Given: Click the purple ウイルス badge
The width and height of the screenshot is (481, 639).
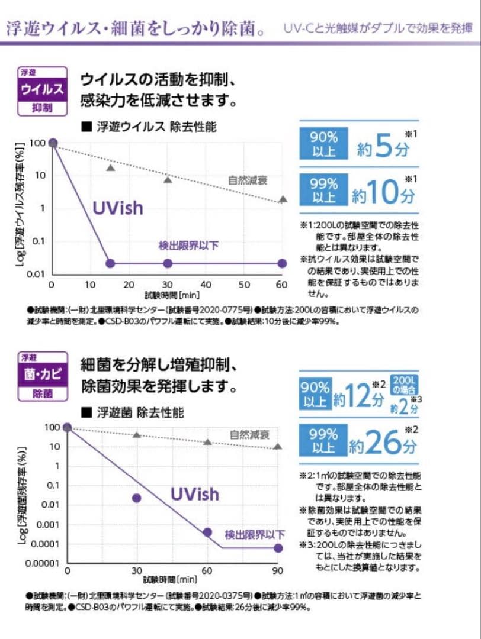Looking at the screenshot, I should pyautogui.click(x=42, y=91).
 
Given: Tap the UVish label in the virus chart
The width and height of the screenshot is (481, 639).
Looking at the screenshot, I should pyautogui.click(x=118, y=208).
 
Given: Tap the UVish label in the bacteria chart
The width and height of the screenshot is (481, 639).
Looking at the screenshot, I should pyautogui.click(x=195, y=493).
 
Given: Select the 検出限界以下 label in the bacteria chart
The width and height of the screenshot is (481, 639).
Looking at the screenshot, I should pyautogui.click(x=254, y=534).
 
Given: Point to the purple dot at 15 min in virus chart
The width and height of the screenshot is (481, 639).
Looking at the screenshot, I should pyautogui.click(x=110, y=263).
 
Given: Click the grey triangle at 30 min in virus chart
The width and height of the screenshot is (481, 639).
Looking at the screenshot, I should pyautogui.click(x=168, y=180).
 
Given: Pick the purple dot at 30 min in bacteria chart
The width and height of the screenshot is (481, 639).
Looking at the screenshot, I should pyautogui.click(x=137, y=498).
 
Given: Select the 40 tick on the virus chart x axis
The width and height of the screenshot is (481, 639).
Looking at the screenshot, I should pyautogui.click(x=206, y=285).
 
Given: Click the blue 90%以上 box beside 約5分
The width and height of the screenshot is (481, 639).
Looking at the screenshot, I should pyautogui.click(x=323, y=144).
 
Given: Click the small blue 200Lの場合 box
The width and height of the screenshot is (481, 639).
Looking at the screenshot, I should pyautogui.click(x=405, y=385).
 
